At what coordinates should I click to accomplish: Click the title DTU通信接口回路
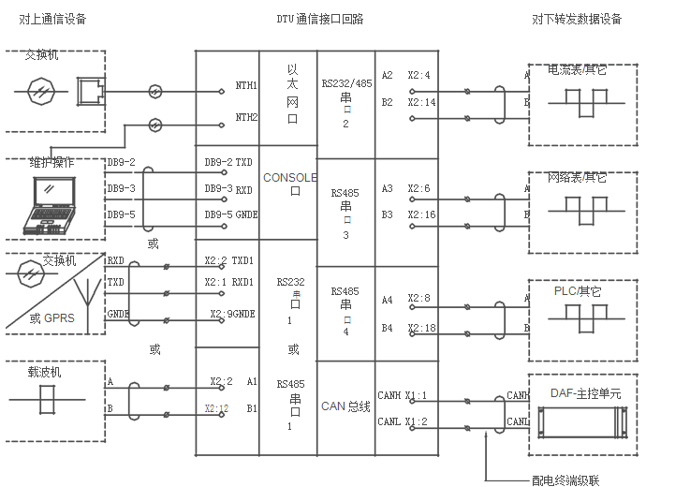[x=320, y=19]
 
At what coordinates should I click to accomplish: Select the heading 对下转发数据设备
[x=577, y=19]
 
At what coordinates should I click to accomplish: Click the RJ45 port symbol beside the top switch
[x=89, y=91]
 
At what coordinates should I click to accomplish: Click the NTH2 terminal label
[x=246, y=118]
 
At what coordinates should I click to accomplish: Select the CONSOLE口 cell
[x=289, y=183]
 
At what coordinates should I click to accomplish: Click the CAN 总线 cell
[x=345, y=406]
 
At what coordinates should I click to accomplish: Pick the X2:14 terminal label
[x=420, y=102]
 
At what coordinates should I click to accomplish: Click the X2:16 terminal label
[x=420, y=215]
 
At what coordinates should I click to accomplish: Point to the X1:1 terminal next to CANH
[x=416, y=396]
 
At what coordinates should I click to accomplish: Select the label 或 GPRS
[x=51, y=317]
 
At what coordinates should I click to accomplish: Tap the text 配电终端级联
[x=565, y=480]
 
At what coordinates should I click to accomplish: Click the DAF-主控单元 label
[x=585, y=394]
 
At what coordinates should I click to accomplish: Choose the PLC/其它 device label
[x=577, y=291]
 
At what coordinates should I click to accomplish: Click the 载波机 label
[x=44, y=372]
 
